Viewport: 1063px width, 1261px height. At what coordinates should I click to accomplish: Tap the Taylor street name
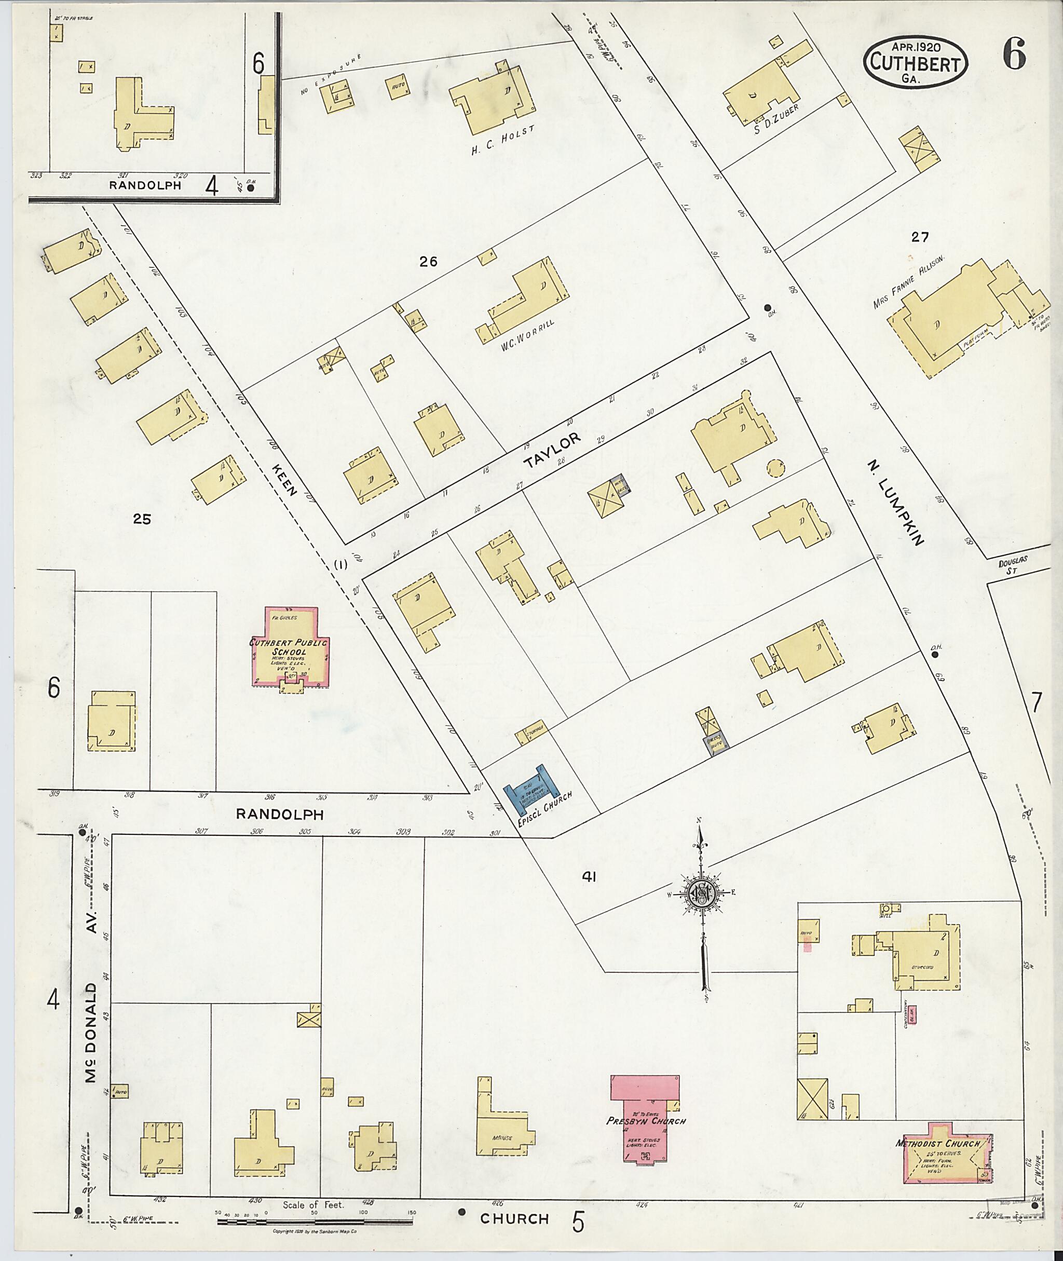(x=552, y=450)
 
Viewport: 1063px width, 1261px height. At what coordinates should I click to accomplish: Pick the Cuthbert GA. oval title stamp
(x=916, y=62)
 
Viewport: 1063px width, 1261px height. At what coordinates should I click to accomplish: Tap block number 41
(x=589, y=878)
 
